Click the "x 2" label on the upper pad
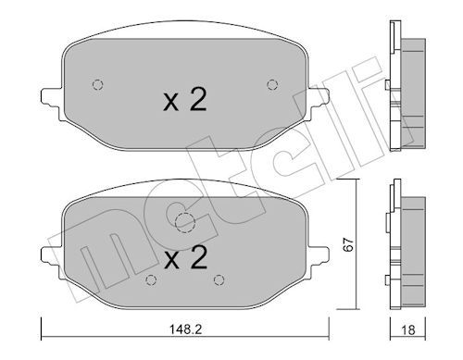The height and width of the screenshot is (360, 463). [184, 99]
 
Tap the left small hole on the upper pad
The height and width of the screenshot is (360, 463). [97, 85]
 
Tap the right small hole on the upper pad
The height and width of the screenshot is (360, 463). [271, 85]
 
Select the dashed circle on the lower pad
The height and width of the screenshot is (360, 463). [185, 222]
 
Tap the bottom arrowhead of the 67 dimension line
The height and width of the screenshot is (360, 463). [356, 306]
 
